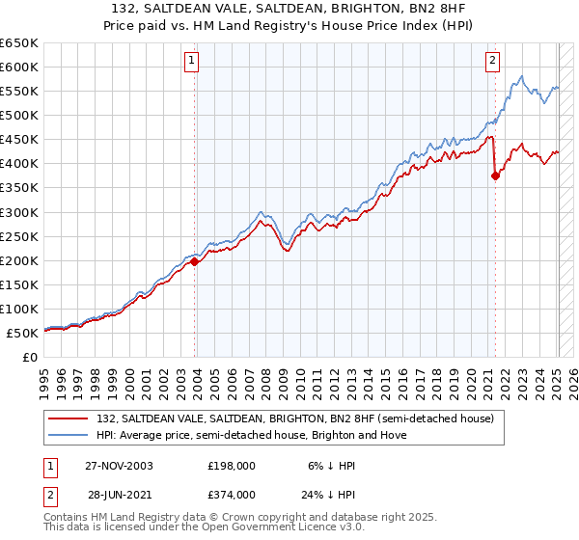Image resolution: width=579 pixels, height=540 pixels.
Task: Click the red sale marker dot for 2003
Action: [195, 260]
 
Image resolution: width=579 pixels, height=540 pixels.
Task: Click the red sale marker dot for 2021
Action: [496, 175]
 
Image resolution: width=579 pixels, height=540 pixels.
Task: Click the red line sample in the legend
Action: [69, 418]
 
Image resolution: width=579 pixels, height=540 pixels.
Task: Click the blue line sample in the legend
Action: [69, 435]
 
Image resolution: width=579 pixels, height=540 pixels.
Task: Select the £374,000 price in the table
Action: [231, 494]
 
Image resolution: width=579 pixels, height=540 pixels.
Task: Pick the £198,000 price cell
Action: [231, 465]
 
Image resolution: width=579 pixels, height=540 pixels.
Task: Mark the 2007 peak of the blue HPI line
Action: [261, 211]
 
